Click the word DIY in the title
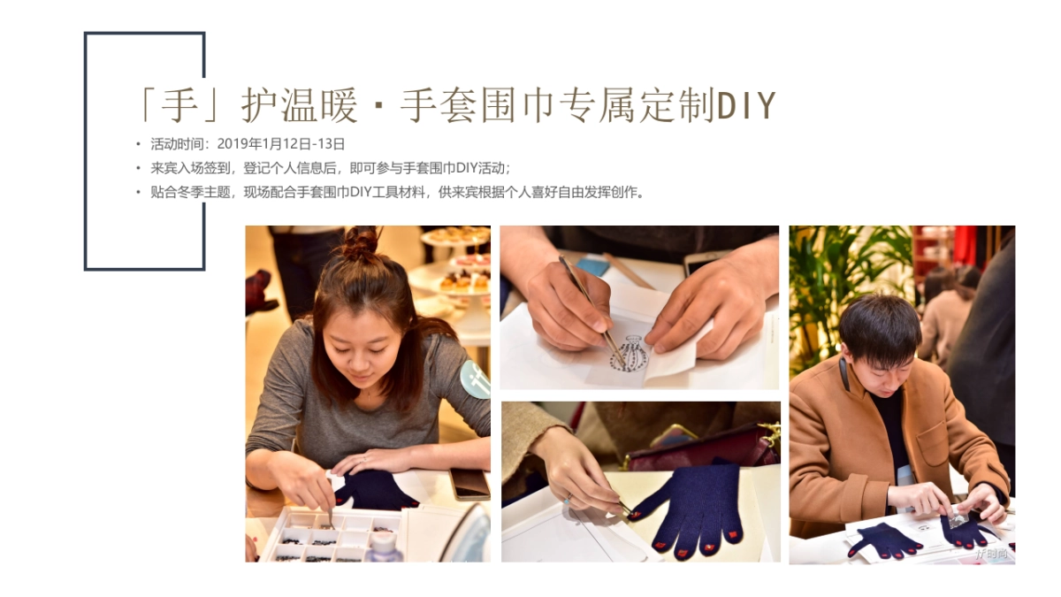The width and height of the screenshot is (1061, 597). [746, 105]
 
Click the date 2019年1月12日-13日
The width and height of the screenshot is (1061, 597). [281, 144]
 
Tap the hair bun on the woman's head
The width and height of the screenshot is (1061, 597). [361, 243]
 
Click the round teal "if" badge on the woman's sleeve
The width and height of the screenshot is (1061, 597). [476, 379]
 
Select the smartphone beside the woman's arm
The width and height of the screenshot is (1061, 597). [469, 484]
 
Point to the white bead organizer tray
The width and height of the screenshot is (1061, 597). [332, 535]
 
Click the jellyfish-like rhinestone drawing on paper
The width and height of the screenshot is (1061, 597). [630, 354]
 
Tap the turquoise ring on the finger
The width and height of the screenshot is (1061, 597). [568, 500]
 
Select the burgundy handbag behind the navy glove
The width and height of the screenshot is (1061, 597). [701, 448]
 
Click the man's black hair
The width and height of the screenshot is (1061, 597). [880, 328]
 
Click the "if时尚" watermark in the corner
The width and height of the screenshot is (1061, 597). [991, 553]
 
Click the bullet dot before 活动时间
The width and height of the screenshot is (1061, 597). [138, 144]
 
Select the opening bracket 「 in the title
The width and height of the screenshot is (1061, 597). [146, 104]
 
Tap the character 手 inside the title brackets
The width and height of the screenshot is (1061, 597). [179, 104]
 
